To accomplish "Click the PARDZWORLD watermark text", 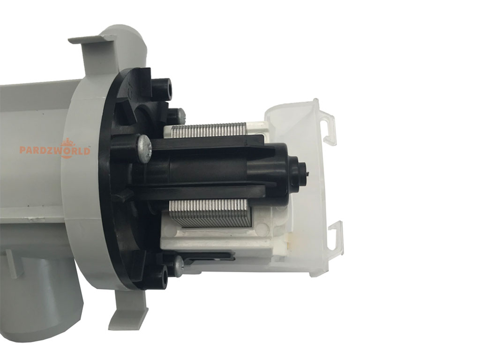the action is [x=55, y=150].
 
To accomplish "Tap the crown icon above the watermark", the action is [x=66, y=142].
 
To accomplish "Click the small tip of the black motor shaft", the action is [x=307, y=172].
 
